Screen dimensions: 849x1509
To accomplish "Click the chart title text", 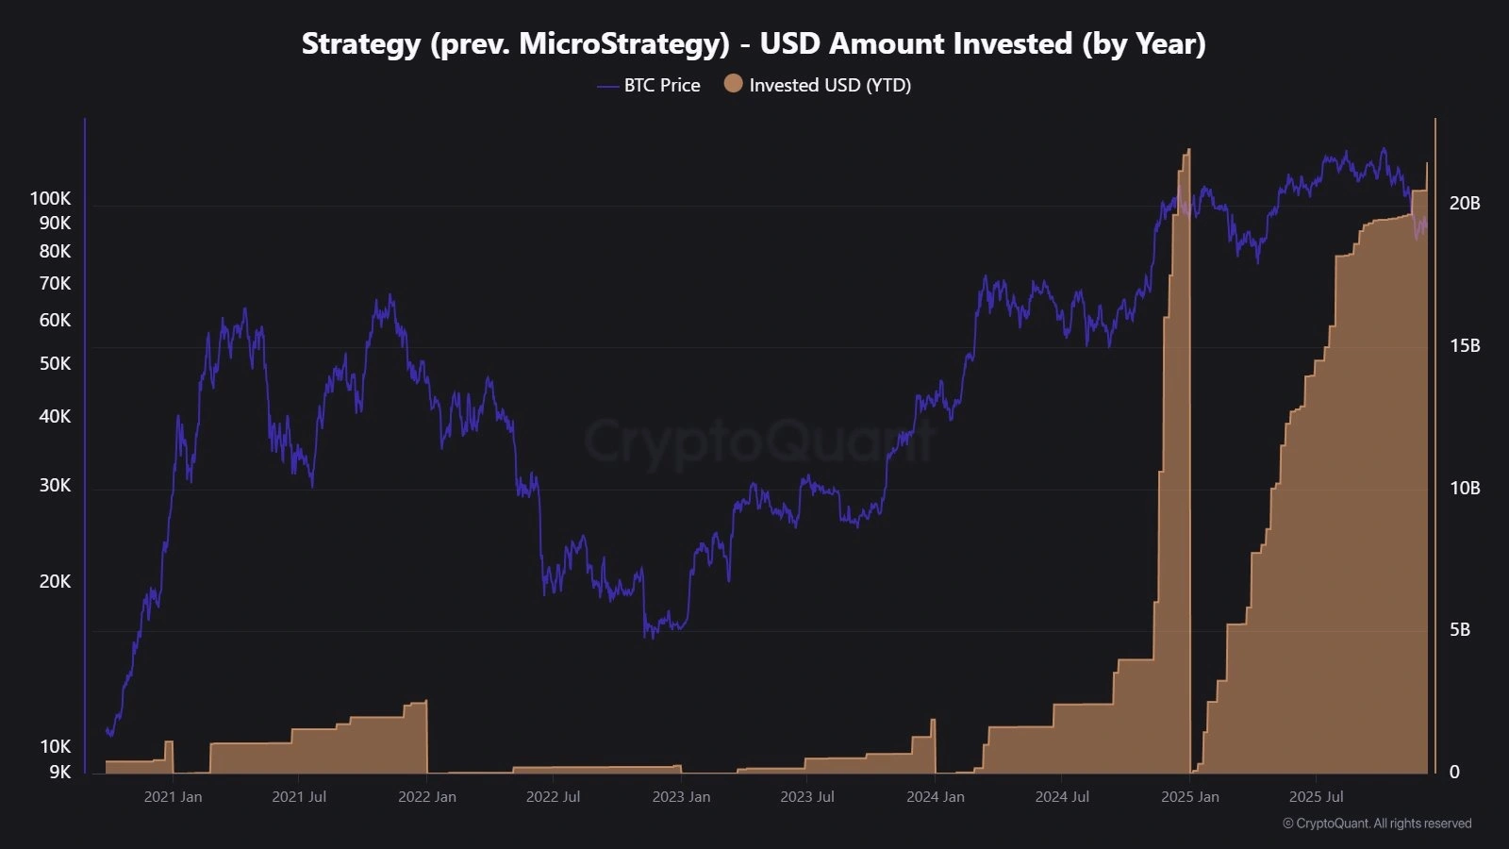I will (754, 43).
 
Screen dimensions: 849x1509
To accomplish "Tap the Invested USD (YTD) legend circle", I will (733, 84).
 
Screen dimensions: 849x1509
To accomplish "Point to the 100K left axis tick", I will (50, 198).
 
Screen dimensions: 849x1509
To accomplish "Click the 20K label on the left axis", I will (55, 581).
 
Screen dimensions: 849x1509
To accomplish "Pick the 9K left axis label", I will (59, 772).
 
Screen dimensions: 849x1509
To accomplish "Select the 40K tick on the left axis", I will (55, 416).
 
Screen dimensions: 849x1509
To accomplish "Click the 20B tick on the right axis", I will (1465, 203).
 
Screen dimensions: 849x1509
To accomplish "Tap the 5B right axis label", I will (1459, 629).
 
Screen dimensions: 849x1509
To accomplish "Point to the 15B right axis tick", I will (1465, 345).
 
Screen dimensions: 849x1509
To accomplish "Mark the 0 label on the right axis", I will (1453, 772).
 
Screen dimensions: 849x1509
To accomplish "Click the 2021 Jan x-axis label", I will (173, 796).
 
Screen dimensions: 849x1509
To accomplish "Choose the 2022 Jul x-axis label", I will (553, 796).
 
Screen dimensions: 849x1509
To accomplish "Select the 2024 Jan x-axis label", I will (935, 796).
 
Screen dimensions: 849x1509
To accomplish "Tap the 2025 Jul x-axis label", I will (1316, 796).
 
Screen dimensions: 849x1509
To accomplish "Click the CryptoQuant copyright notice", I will (1376, 824).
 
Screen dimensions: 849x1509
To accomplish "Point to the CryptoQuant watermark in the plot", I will (759, 440).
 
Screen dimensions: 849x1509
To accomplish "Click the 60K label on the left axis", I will (55, 320).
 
